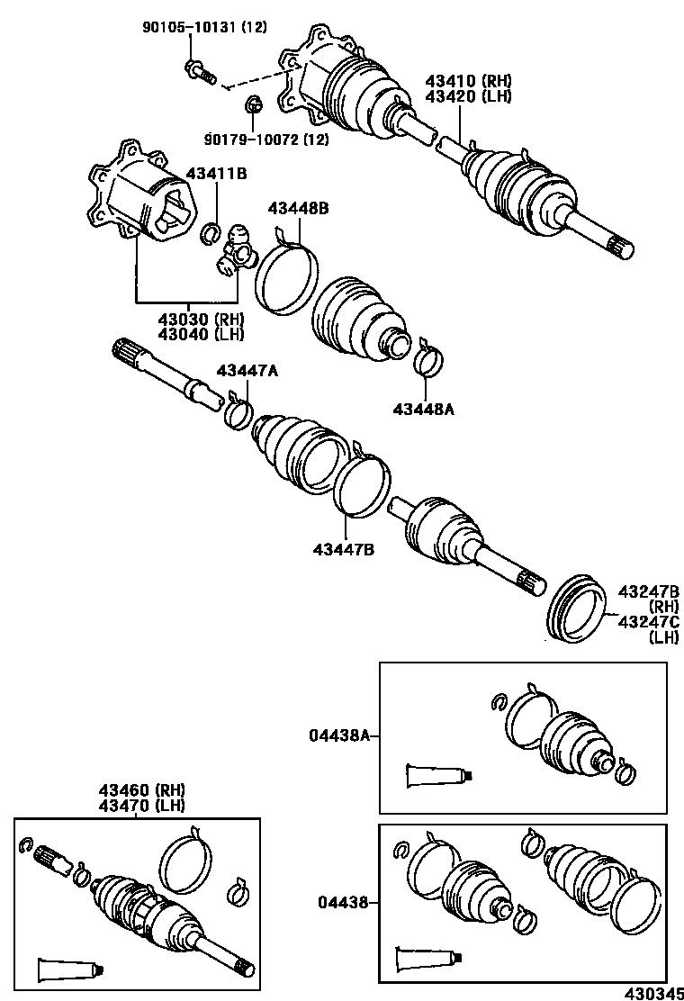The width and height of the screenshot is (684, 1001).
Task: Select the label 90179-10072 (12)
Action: [x=265, y=139]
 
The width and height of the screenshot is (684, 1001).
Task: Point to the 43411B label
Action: [x=216, y=173]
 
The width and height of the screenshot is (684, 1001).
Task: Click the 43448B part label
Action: [x=297, y=208]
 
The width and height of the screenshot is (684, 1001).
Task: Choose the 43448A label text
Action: [x=423, y=409]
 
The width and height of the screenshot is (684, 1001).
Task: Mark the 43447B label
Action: [x=344, y=548]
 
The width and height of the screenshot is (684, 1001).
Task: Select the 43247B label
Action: [x=647, y=591]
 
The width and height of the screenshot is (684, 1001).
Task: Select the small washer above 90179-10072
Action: [x=253, y=105]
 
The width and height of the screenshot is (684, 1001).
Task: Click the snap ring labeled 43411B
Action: [x=210, y=234]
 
